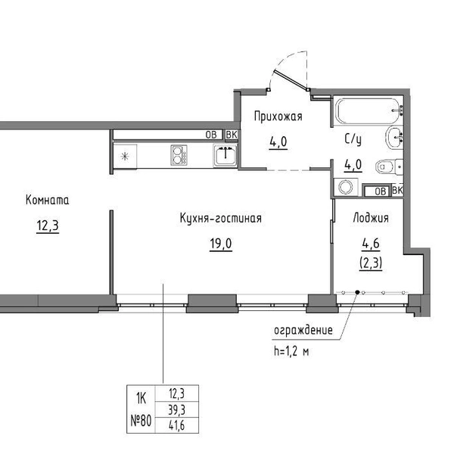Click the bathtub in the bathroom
coord(368,111)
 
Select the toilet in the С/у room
coord(389,167)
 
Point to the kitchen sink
coord(225,155)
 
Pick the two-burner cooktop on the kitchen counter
coord(179,155)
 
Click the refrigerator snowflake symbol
coord(125,157)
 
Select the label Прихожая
coord(278,117)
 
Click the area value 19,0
coord(221,244)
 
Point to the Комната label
coord(48,200)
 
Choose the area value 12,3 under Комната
coord(48,225)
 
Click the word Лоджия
coord(371,218)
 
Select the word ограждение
coord(303,331)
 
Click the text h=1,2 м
coord(291,352)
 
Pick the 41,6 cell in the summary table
coord(177,425)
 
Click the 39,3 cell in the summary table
coord(177,409)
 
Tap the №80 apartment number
coord(141,421)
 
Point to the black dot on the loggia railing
coord(357,292)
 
